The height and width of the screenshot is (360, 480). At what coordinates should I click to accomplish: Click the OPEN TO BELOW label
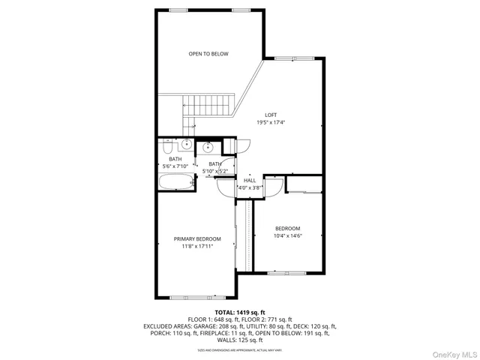tap(208, 54)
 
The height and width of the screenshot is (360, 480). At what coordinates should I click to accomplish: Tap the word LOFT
tap(271, 115)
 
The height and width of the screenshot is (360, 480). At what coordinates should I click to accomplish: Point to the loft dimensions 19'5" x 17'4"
tap(271, 122)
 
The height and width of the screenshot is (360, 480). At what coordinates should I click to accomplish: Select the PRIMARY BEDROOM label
tap(197, 239)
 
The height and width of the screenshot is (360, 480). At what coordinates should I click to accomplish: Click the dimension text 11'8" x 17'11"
tap(197, 246)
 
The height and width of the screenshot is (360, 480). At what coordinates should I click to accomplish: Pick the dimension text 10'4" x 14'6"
tap(287, 235)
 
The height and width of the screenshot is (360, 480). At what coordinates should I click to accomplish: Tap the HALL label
tap(250, 180)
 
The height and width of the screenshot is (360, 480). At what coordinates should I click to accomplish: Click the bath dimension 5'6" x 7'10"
tap(175, 166)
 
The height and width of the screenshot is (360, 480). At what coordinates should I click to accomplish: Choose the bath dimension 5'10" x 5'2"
tap(215, 171)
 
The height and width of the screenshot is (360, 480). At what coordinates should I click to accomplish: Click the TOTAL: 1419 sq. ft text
tap(239, 312)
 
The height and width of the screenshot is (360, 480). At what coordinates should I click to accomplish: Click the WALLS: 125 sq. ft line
tap(239, 340)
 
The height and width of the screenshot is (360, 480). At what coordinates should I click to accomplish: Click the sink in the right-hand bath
tap(208, 146)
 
